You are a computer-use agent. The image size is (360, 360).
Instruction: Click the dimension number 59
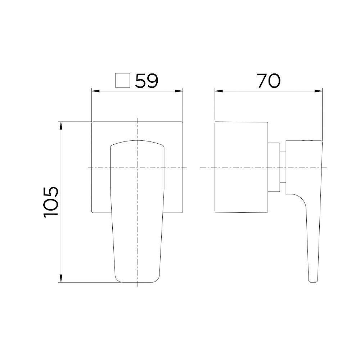[x=147, y=81]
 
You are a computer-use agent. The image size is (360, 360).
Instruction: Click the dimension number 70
[x=269, y=81]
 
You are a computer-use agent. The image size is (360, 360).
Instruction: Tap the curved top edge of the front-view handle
[x=137, y=141]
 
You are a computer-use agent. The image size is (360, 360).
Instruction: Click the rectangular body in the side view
[x=241, y=167]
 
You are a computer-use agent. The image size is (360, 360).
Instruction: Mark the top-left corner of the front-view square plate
[x=93, y=122]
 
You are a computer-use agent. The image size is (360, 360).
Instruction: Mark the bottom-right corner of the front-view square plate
[x=183, y=212]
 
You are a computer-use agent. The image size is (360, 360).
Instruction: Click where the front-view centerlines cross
[x=137, y=167]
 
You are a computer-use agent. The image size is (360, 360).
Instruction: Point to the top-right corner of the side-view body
[x=269, y=122]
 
